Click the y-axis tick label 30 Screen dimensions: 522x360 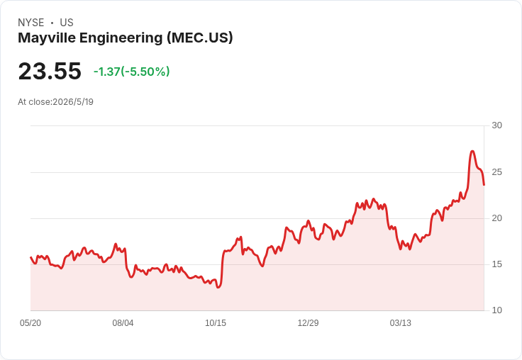click(496, 125)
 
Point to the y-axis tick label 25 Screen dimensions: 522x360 click(496, 172)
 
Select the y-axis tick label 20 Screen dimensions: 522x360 click(496, 218)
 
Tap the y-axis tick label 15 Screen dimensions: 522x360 click(496, 264)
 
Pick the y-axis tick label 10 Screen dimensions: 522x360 click(496, 310)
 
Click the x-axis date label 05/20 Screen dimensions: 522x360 click(30, 322)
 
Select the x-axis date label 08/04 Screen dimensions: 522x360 click(123, 322)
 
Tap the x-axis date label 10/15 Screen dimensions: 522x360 click(216, 322)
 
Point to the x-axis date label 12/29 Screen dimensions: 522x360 click(308, 322)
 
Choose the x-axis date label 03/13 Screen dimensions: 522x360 click(401, 322)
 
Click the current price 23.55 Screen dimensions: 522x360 click(50, 71)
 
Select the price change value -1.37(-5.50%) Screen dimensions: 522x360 click(131, 72)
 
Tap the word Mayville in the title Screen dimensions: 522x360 click(47, 38)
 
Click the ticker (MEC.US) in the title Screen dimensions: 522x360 click(199, 38)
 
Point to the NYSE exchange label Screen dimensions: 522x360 click(31, 23)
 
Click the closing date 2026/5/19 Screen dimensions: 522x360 click(73, 102)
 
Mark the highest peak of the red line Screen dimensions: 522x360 click(472, 151)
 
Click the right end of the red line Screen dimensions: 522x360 click(484, 185)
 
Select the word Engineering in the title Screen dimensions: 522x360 click(121, 38)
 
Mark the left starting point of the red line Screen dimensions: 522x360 click(30, 257)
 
